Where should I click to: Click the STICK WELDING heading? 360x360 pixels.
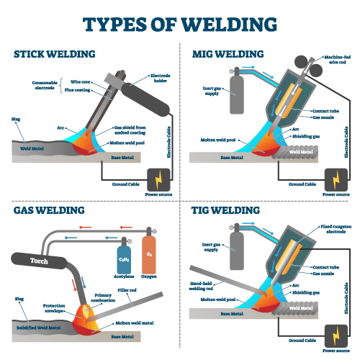(x=55, y=54)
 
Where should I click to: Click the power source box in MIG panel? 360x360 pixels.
(x=336, y=178)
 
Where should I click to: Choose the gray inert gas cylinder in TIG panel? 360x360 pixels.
(x=235, y=251)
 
